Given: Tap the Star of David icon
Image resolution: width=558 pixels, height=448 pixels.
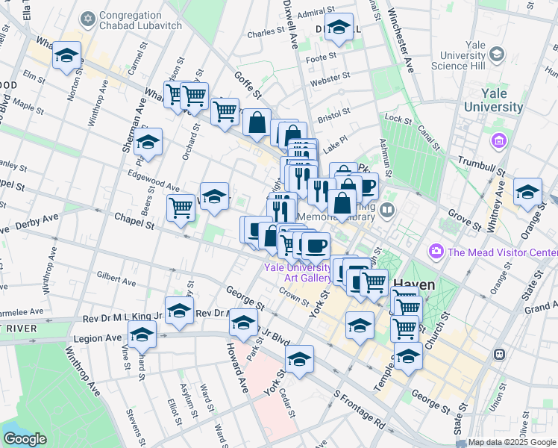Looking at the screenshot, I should (89, 16).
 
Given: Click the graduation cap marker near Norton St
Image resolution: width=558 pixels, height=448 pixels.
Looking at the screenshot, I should (67, 56).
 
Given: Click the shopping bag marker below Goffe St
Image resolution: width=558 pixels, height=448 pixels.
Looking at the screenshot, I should (257, 123).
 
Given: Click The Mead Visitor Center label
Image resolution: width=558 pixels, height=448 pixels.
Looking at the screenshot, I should (501, 252).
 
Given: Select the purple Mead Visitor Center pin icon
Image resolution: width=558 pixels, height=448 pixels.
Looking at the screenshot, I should (436, 252).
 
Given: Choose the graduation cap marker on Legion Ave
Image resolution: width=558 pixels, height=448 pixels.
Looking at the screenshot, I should (142, 335).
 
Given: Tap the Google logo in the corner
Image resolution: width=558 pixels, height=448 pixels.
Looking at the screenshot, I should (25, 438).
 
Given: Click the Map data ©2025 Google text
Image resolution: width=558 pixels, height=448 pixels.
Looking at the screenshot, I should (511, 442).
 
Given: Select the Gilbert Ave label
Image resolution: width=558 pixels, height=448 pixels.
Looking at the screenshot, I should (116, 280).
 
